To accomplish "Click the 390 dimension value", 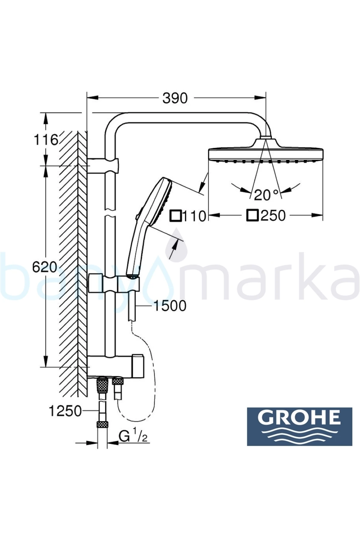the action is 175,98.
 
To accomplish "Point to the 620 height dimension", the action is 44,267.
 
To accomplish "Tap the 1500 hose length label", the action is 169,306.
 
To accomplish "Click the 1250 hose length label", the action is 65,411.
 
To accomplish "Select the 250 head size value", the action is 273,215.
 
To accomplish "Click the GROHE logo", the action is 299,426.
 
